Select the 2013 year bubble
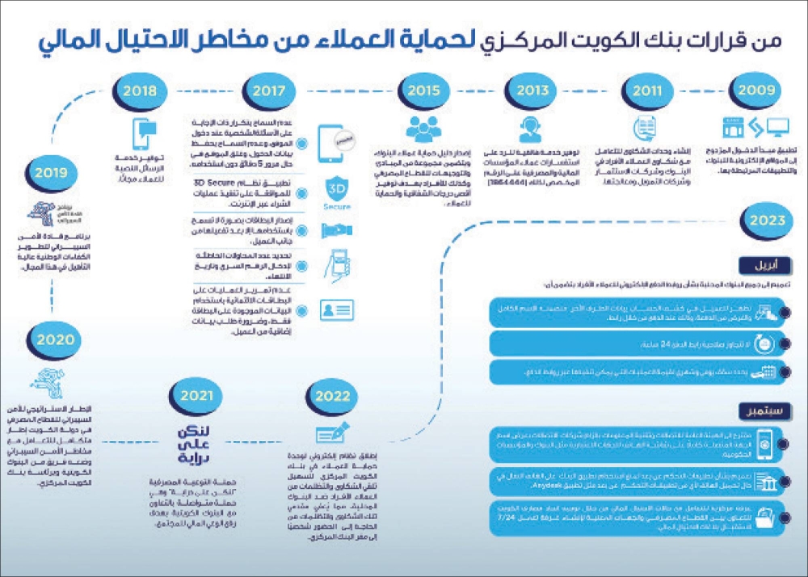pos(532,91)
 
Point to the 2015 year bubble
pos(422,91)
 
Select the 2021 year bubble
pos(196,397)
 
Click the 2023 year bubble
pos(766,220)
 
